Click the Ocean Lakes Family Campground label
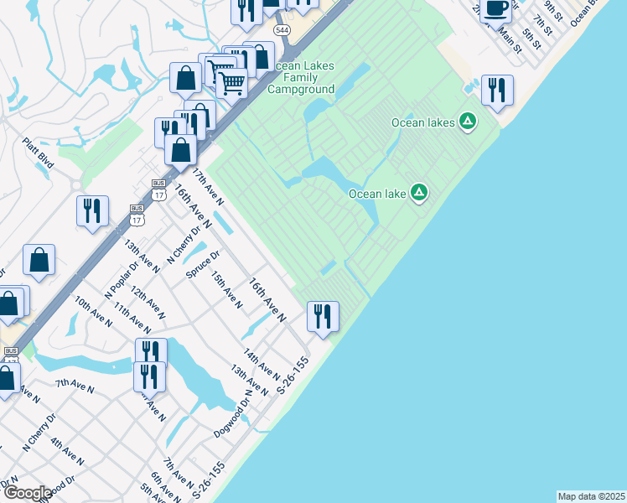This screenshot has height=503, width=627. [x=302, y=78]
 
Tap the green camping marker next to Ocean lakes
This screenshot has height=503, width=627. [x=468, y=122]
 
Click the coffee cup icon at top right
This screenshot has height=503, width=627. [x=496, y=8]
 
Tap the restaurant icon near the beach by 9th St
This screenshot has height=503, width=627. [x=498, y=91]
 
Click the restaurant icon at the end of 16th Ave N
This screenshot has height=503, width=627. [x=323, y=317]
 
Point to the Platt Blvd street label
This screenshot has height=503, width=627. [x=39, y=153]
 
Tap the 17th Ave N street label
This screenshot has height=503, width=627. [x=209, y=187]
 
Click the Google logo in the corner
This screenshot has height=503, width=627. [x=28, y=493]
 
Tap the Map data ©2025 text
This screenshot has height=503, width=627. [x=591, y=495]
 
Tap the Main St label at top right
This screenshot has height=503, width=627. [x=509, y=40]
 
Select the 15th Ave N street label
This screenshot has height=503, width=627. [x=226, y=289]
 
